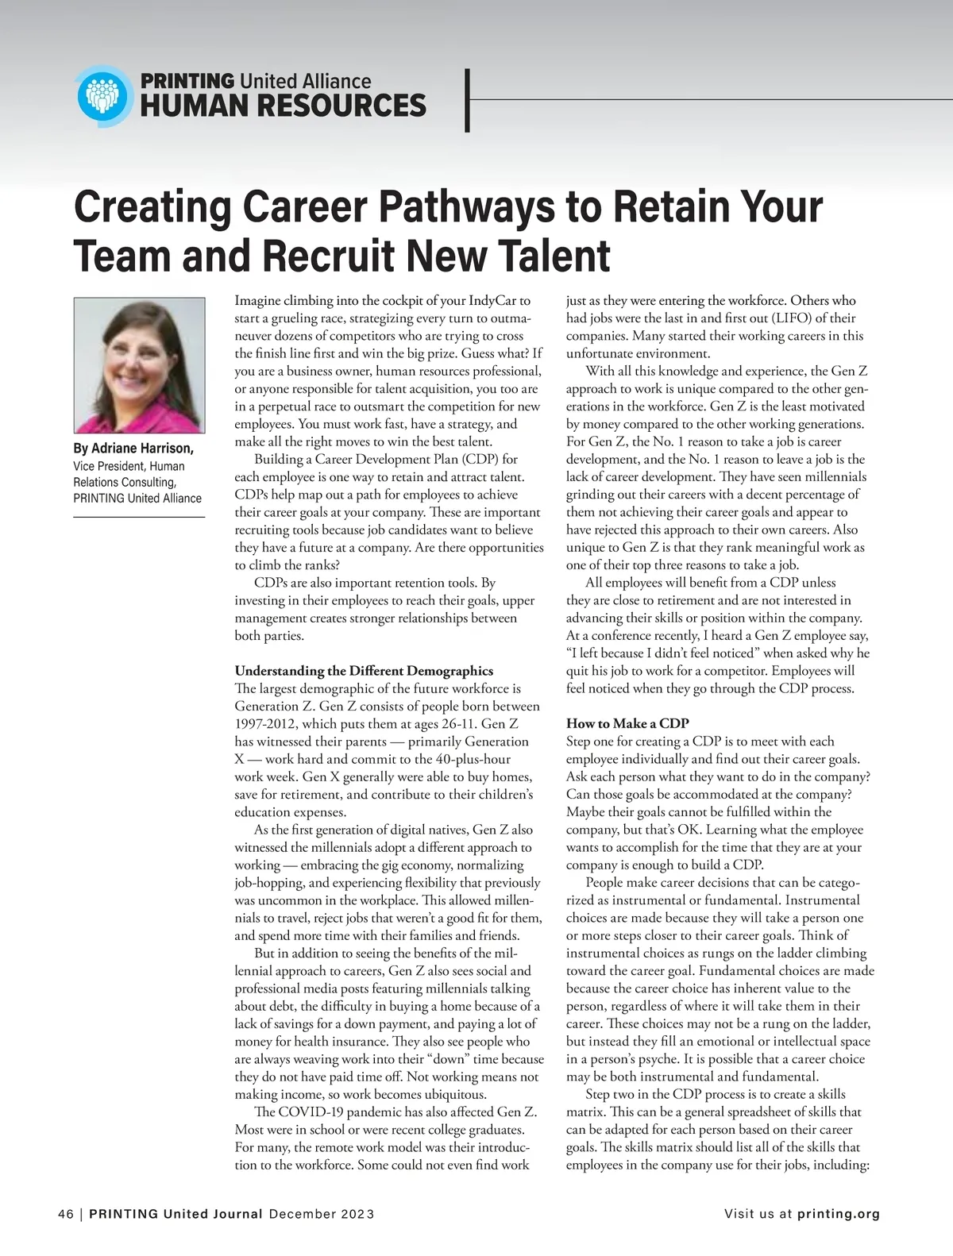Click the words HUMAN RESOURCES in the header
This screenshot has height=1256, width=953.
pyautogui.click(x=283, y=106)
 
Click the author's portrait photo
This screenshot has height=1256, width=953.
pyautogui.click(x=139, y=365)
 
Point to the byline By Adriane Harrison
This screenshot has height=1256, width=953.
pyautogui.click(x=133, y=449)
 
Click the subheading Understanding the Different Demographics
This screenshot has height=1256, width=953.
pyautogui.click(x=364, y=671)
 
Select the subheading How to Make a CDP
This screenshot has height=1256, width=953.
pyautogui.click(x=627, y=723)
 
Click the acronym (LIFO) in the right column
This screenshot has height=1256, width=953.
pyautogui.click(x=799, y=318)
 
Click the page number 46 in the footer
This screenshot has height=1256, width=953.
pyautogui.click(x=65, y=1214)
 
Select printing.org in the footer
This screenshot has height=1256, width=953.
pyautogui.click(x=839, y=1214)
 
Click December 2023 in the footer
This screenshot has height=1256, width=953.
pyautogui.click(x=322, y=1214)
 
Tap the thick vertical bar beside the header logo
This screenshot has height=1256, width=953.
pyautogui.click(x=468, y=100)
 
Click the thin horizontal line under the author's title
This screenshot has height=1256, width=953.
pyautogui.click(x=139, y=518)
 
